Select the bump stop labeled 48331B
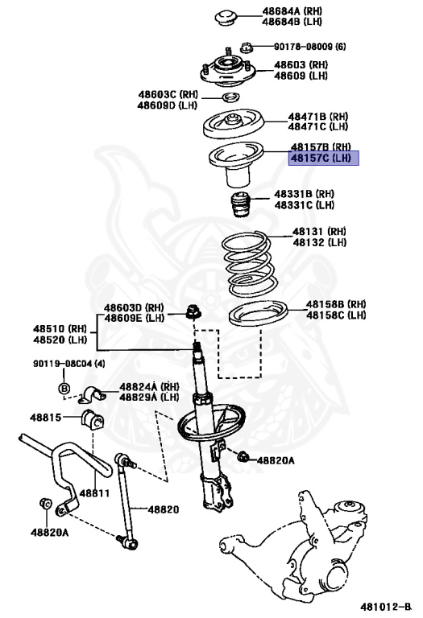[x=240, y=208]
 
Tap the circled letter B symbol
[x=64, y=389]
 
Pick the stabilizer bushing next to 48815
[x=92, y=418]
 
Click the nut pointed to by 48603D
[x=194, y=311]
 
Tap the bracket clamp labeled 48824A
[x=93, y=394]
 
